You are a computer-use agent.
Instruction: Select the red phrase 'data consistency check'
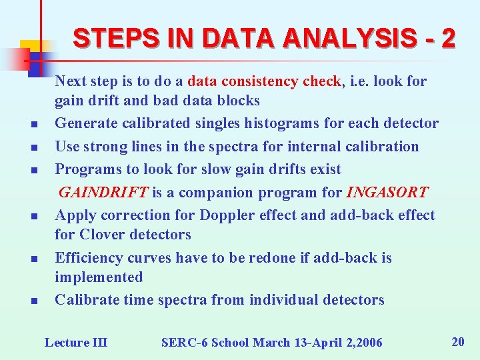pos(265,81)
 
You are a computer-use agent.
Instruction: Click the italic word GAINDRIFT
pos(104,193)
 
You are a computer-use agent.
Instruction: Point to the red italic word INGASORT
pos(387,193)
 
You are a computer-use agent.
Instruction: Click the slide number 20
pos(458,342)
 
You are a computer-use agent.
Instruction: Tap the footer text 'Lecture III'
pos(75,343)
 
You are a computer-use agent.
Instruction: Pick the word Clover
pos(101,235)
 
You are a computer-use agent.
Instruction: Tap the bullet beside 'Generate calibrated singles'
pos(33,125)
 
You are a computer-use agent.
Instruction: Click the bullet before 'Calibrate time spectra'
pos(33,301)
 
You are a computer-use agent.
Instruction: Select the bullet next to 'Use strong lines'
pos(33,147)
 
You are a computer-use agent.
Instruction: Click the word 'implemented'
pos(99,277)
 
